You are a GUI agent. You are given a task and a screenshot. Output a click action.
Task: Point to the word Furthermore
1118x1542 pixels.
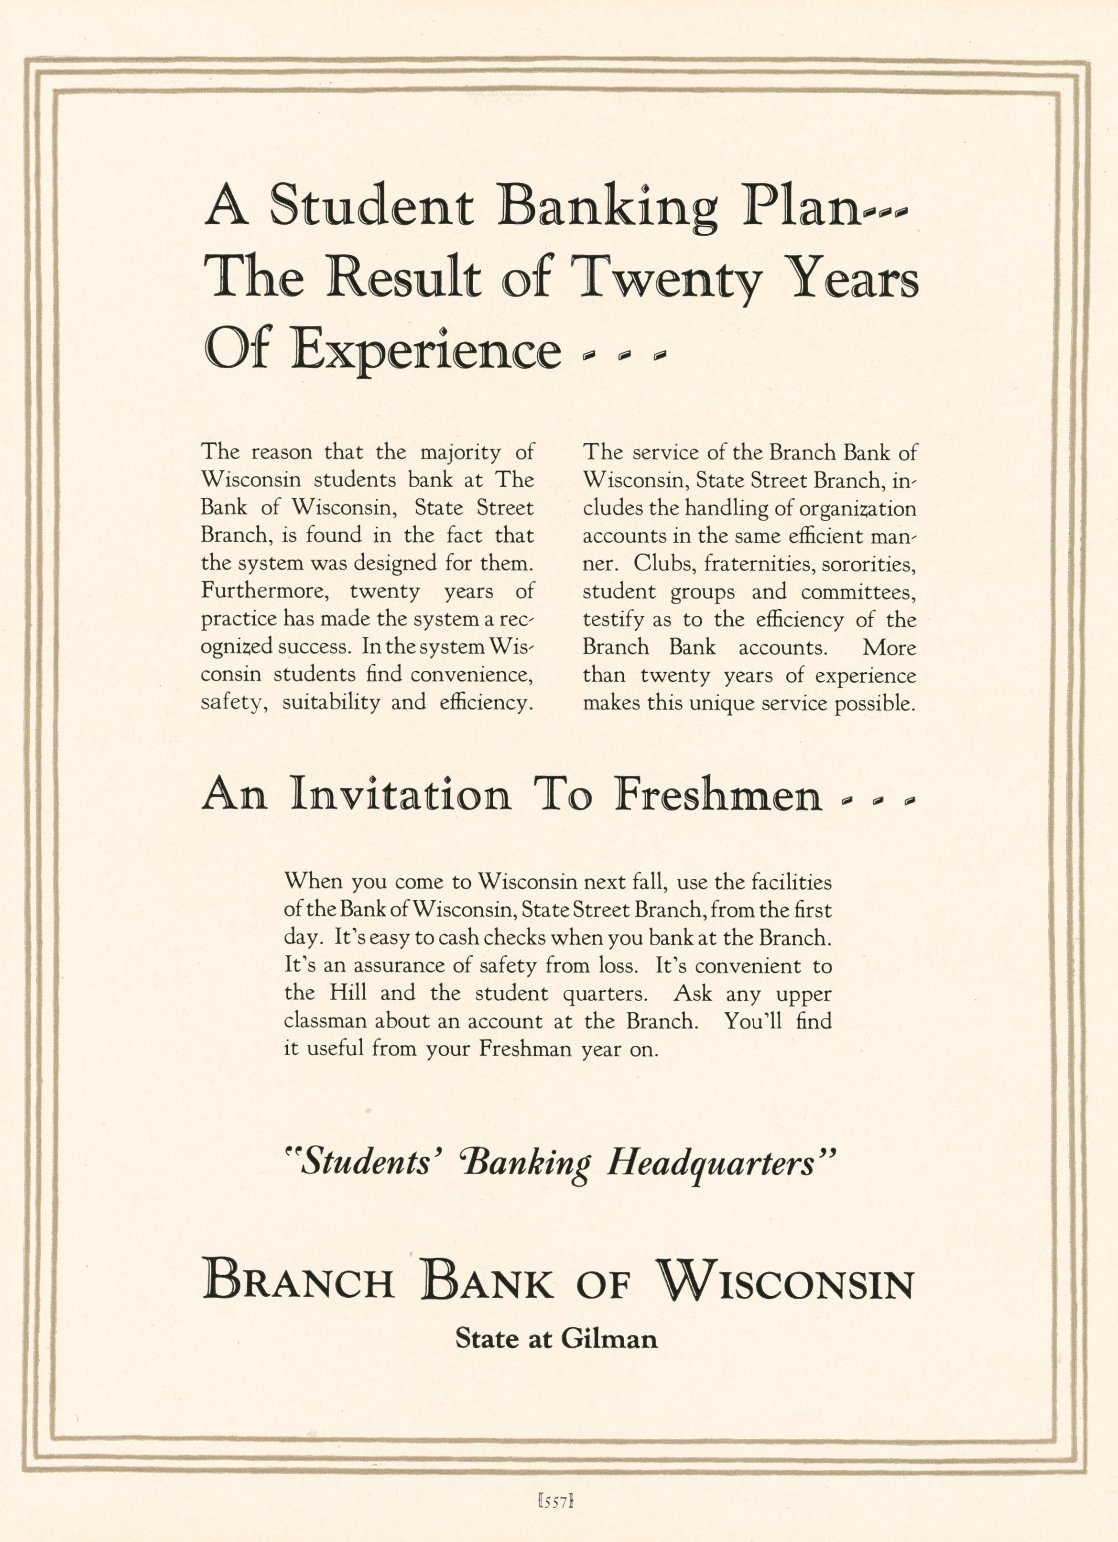(x=266, y=591)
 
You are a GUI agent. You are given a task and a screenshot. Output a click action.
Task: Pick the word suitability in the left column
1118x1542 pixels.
(x=331, y=702)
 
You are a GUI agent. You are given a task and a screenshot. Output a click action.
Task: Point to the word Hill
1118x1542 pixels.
(x=348, y=993)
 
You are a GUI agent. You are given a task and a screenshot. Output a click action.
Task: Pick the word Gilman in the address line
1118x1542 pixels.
(x=609, y=1339)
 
